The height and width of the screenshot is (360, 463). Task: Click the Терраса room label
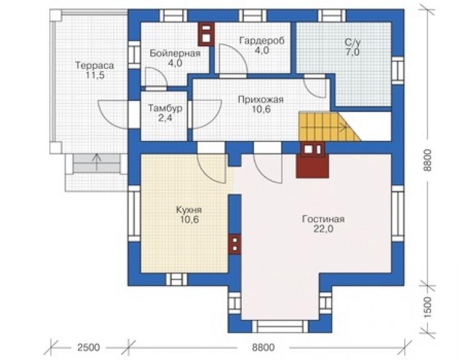pyautogui.click(x=94, y=65)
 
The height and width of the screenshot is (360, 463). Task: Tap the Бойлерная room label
pyautogui.click(x=175, y=53)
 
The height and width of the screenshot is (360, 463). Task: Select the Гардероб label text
pyautogui.click(x=262, y=40)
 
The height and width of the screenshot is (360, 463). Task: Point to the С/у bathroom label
pyautogui.click(x=352, y=43)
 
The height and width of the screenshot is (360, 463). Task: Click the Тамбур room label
pyautogui.click(x=165, y=108)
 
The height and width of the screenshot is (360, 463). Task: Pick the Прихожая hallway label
pyautogui.click(x=261, y=100)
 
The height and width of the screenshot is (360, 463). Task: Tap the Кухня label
pyautogui.click(x=189, y=210)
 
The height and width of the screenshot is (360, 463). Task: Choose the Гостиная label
pyautogui.click(x=323, y=219)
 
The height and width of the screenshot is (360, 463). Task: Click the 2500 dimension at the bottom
pyautogui.click(x=89, y=347)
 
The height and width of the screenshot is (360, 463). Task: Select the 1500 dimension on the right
pyautogui.click(x=427, y=307)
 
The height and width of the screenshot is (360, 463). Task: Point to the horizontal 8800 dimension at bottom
pyautogui.click(x=263, y=347)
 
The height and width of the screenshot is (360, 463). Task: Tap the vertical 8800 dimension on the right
pyautogui.click(x=427, y=160)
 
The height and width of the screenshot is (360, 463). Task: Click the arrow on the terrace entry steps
pyautogui.click(x=96, y=162)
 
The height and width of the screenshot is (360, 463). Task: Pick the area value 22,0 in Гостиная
pyautogui.click(x=323, y=229)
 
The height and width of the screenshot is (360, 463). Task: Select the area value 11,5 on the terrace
pyautogui.click(x=95, y=75)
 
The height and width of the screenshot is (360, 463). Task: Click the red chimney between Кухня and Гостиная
pyautogui.click(x=235, y=244)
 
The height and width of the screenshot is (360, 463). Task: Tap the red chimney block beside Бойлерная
pyautogui.click(x=206, y=34)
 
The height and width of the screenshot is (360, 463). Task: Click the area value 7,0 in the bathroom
pyautogui.click(x=352, y=53)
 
